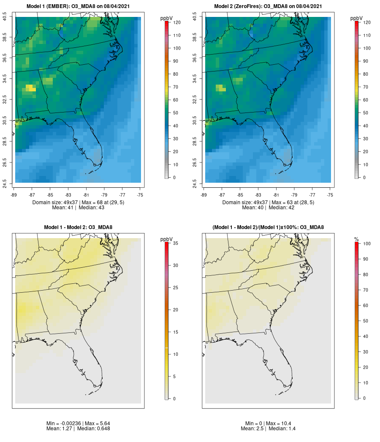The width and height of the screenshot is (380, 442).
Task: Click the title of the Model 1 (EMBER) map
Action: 78,6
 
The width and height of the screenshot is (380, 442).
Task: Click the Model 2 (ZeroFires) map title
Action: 268,6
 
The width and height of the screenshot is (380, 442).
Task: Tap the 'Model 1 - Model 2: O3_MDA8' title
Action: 78,228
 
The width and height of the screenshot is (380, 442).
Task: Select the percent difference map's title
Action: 268,228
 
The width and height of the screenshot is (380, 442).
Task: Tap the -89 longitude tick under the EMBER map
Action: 15,195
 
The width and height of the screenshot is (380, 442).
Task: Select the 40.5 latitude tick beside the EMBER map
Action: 5,17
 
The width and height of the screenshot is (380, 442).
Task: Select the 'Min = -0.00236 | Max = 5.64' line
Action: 78,423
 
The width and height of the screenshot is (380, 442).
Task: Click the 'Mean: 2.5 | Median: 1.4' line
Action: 268,428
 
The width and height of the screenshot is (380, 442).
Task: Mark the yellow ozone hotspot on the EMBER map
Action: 30,88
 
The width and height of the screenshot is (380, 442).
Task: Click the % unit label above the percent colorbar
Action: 356,239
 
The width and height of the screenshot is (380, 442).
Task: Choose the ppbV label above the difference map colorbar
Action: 167,239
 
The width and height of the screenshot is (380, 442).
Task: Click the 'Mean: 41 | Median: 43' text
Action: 78,208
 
